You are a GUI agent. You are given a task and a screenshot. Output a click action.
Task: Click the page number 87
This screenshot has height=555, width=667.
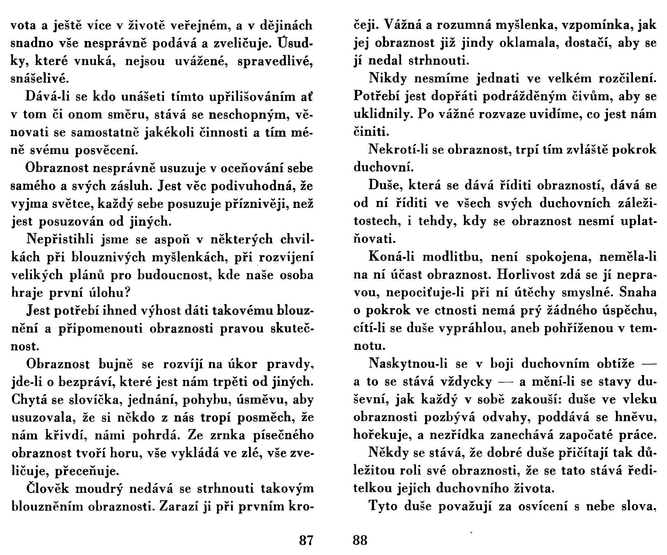[306, 541]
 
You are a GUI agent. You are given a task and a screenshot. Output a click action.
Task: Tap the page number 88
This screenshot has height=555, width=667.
[360, 541]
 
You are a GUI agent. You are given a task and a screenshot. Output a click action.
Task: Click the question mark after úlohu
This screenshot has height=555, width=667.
[126, 293]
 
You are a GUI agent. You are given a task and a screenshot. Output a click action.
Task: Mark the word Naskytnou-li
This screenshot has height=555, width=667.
[407, 364]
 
